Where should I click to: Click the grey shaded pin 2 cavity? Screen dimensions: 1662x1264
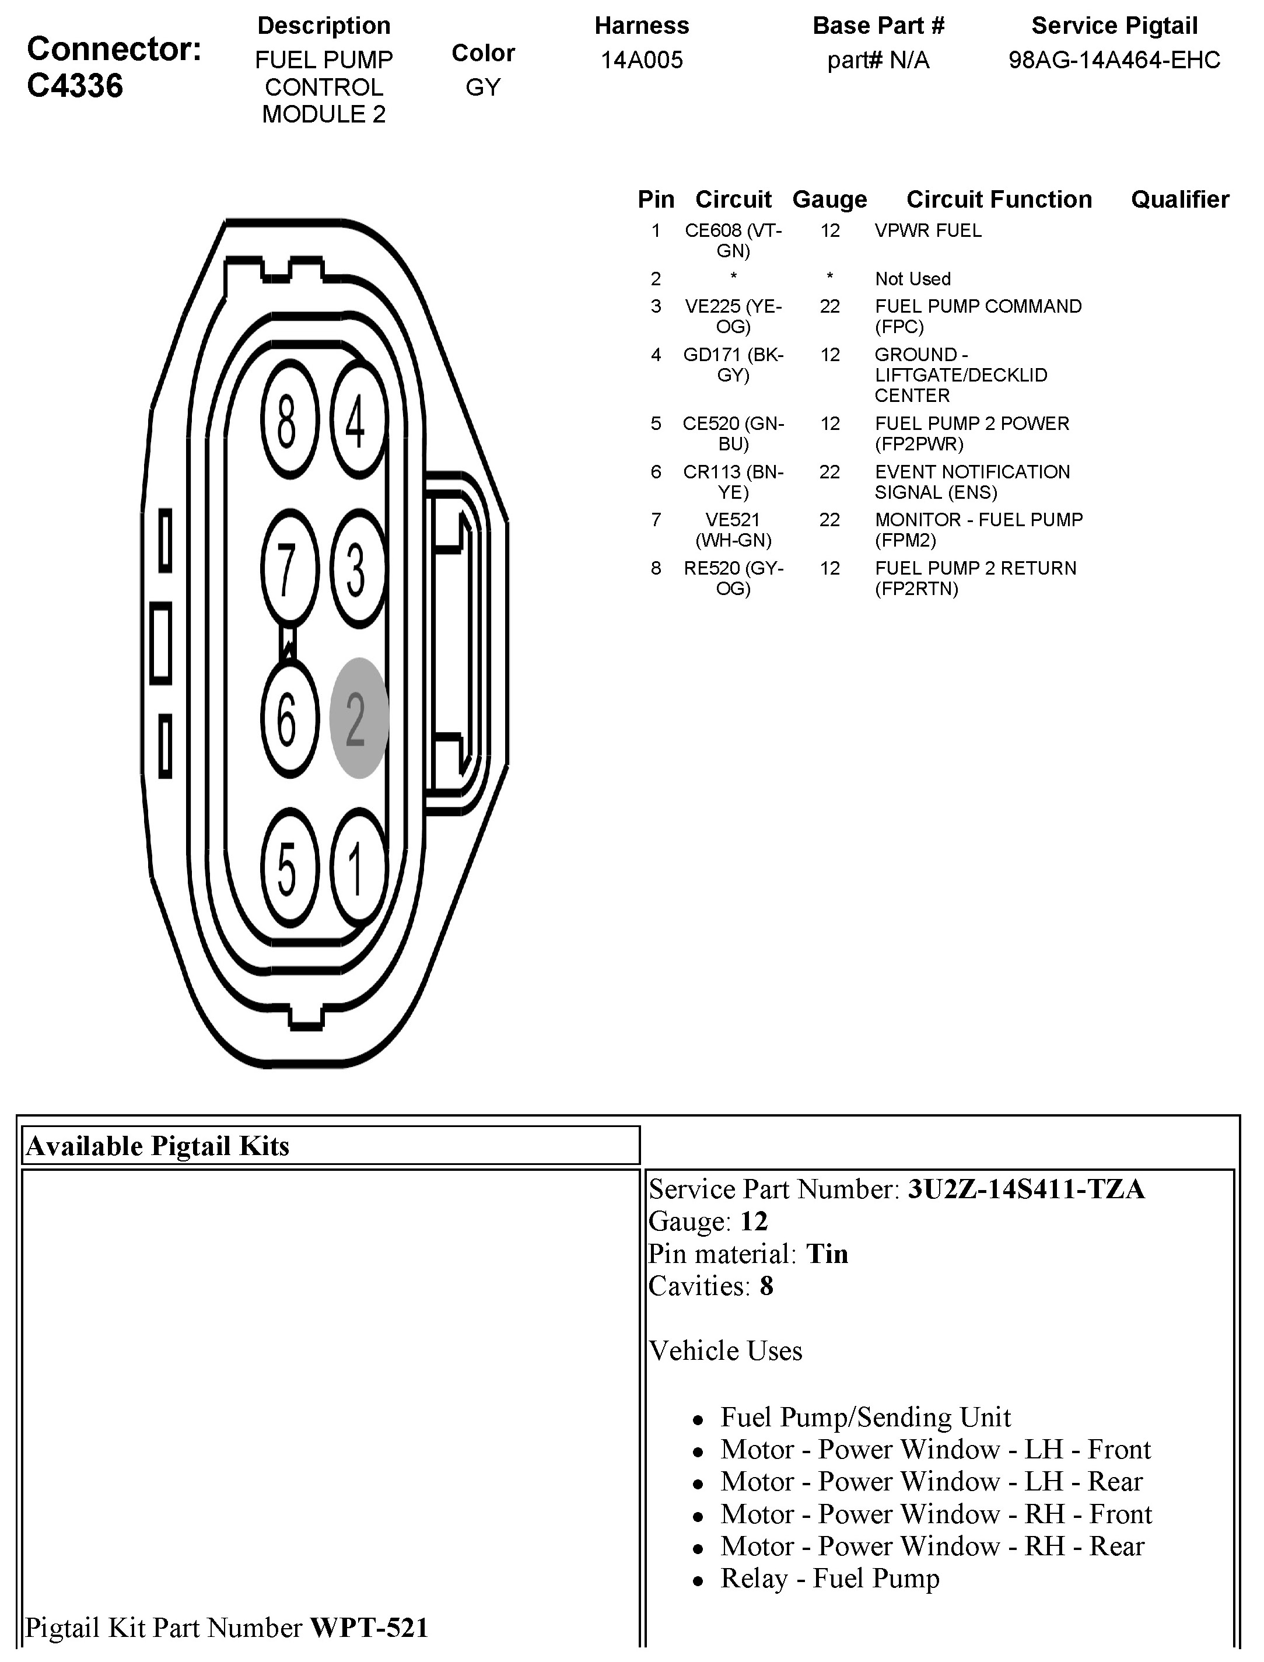[359, 718]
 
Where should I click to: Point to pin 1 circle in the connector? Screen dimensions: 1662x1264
[358, 867]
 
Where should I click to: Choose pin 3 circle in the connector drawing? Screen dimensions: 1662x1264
[358, 569]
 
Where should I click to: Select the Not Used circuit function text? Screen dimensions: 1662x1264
[913, 279]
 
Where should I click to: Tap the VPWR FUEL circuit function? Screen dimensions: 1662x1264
[927, 231]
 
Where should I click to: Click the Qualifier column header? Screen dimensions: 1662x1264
[1180, 200]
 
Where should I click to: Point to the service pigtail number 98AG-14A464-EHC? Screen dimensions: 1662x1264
[1114, 60]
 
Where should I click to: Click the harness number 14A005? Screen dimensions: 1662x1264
[641, 60]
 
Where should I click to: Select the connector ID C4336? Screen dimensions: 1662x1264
[75, 86]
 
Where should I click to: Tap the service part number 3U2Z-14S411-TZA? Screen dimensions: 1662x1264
[1026, 1189]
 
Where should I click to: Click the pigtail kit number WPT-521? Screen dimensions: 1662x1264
[369, 1628]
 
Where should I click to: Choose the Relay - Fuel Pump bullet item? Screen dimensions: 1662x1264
[830, 1579]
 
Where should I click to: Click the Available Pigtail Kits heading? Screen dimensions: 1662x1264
[158, 1146]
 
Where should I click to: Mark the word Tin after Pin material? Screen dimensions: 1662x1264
[827, 1254]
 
